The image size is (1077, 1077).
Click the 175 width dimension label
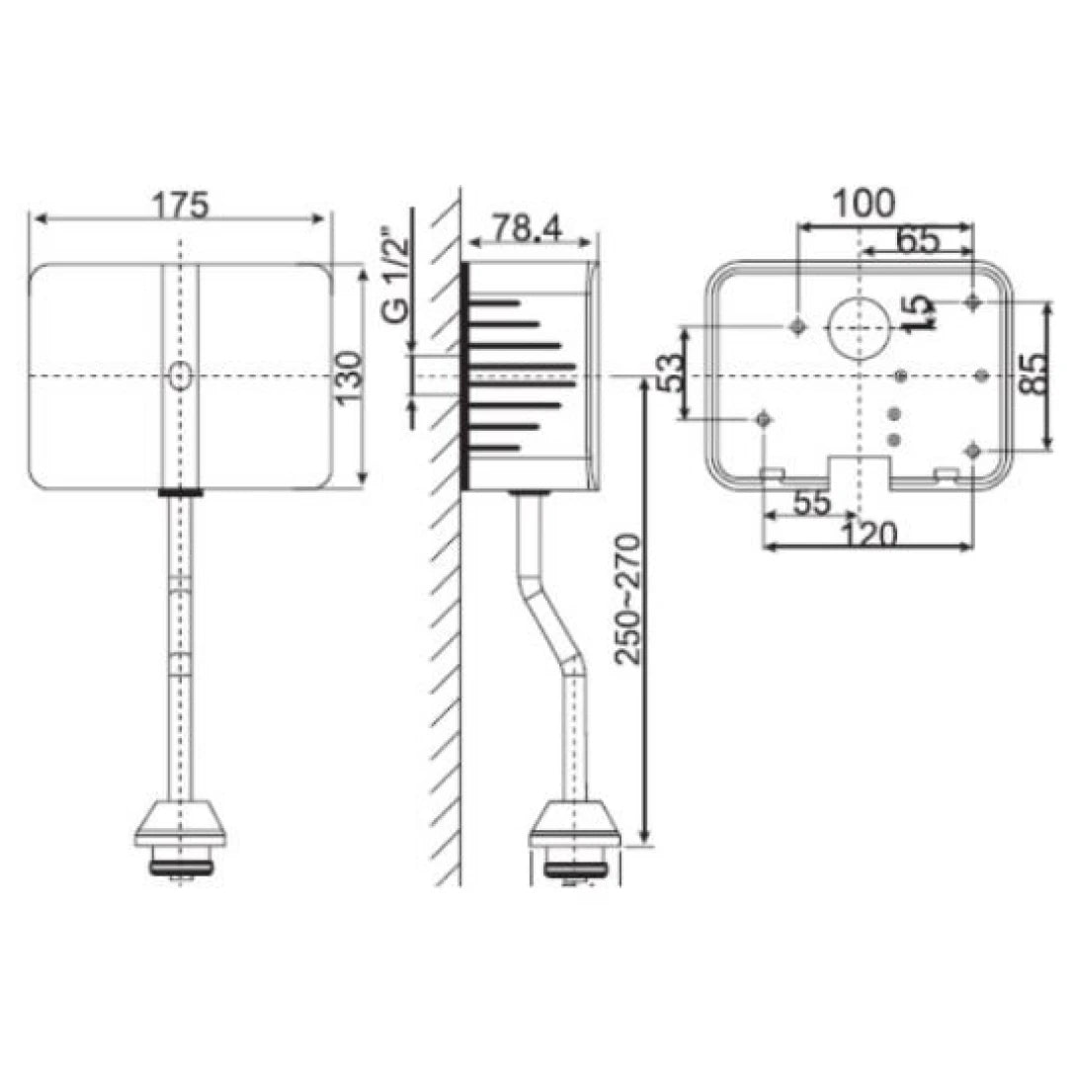point(180,205)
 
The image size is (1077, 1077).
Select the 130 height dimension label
point(348,375)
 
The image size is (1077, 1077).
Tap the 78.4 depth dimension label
point(528,228)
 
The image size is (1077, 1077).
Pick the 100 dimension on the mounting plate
point(863,203)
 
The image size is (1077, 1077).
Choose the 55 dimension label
point(811,502)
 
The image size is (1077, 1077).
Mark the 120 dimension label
point(869,535)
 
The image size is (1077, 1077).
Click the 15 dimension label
point(919,312)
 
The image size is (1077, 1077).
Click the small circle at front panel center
point(180,376)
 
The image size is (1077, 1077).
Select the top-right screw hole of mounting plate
point(974,300)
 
